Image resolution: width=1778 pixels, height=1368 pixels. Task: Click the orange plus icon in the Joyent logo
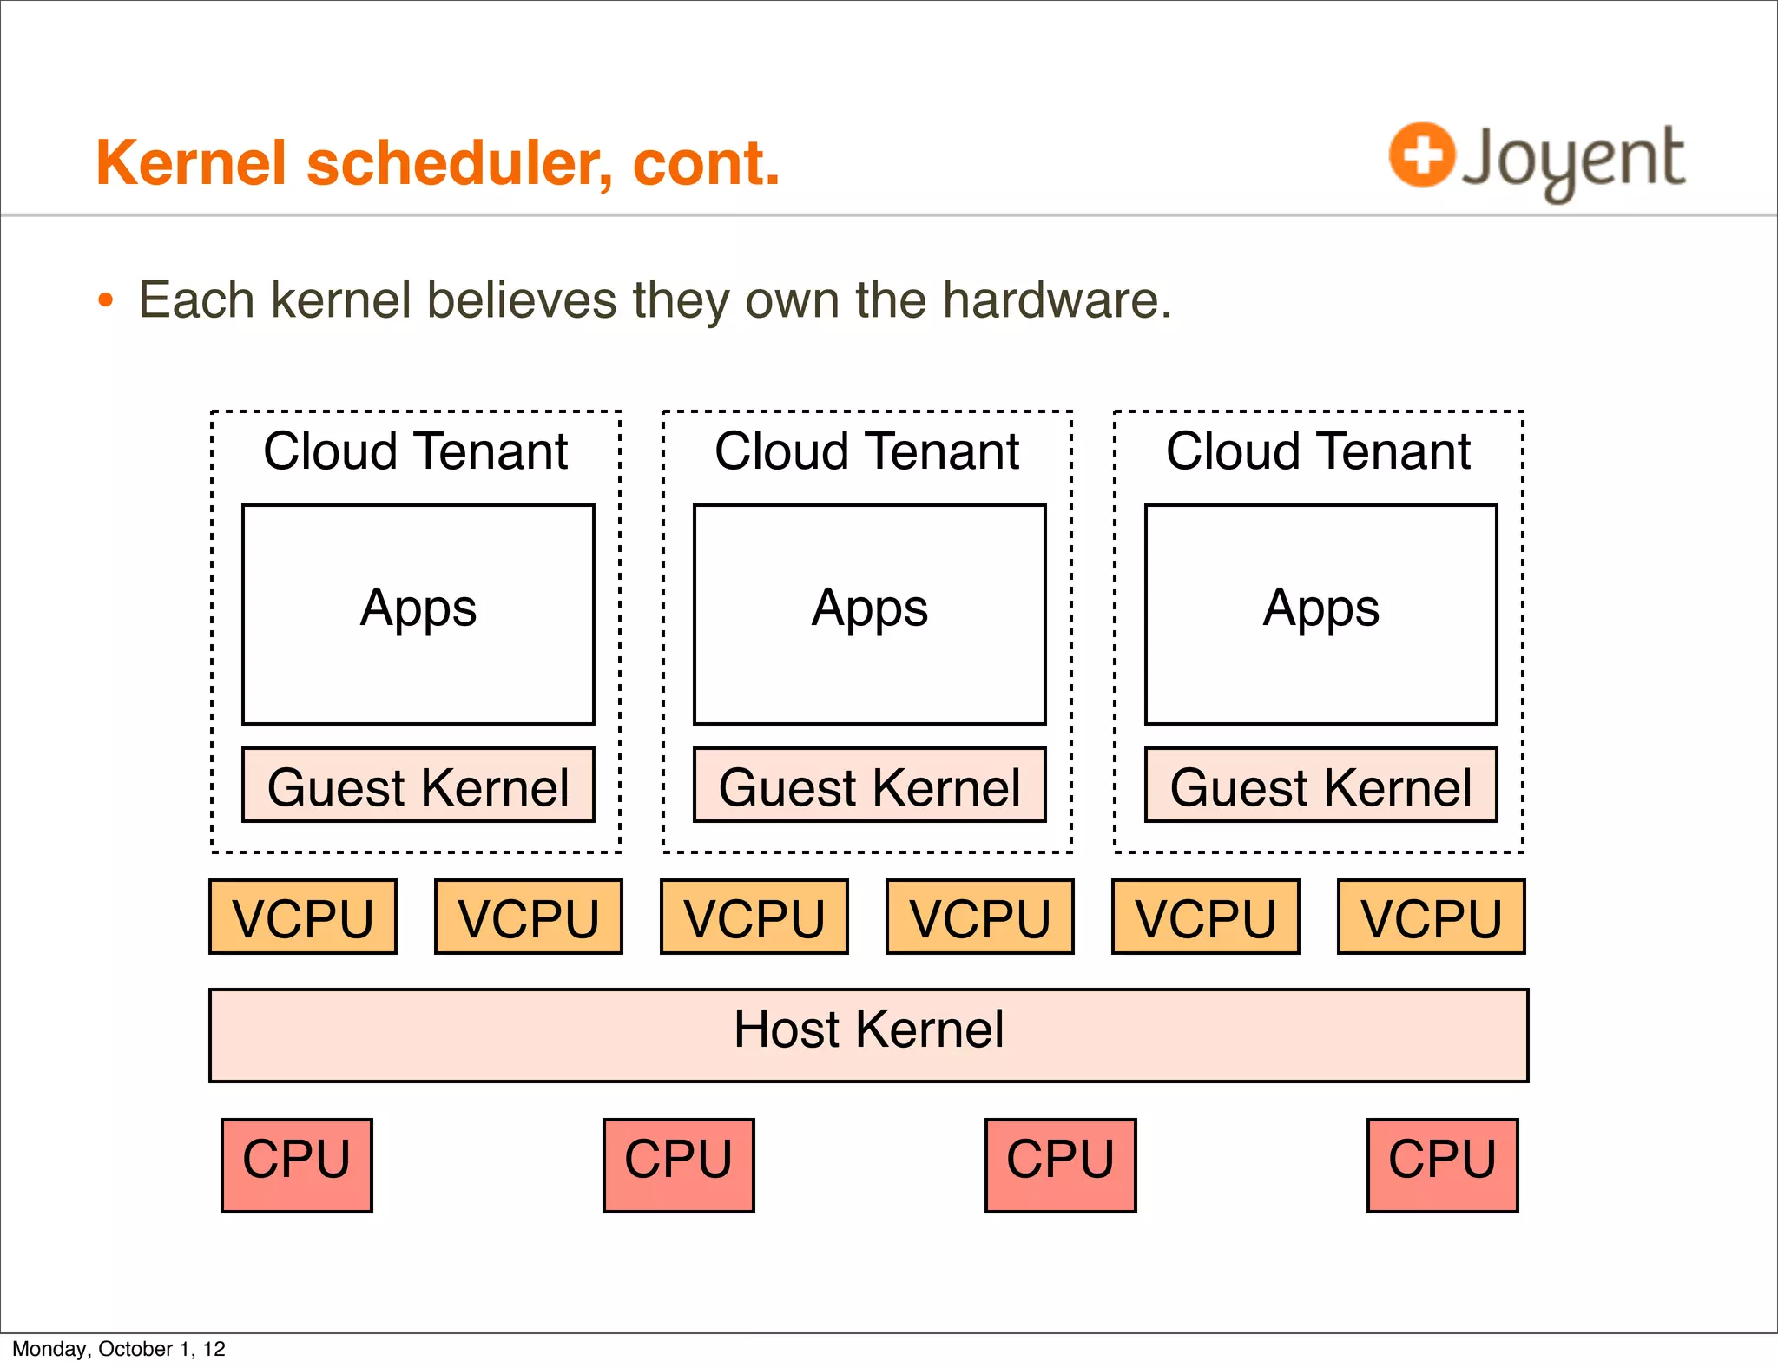tap(1421, 155)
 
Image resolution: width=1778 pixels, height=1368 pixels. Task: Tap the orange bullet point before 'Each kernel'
tap(106, 301)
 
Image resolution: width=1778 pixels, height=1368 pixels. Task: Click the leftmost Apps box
tap(418, 614)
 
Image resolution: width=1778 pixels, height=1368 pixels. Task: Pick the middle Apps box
tap(869, 614)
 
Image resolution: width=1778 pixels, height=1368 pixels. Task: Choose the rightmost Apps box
tap(1320, 614)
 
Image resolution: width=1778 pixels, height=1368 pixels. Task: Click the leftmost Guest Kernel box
tap(418, 786)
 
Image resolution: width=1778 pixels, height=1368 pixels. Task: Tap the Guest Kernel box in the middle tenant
tap(869, 786)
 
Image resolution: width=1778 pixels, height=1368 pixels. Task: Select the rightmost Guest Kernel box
tap(1320, 786)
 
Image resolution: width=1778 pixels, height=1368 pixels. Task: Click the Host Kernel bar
tap(868, 1035)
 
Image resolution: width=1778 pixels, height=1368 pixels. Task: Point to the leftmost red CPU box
tap(297, 1165)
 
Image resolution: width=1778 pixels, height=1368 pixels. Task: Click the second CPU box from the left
tap(679, 1165)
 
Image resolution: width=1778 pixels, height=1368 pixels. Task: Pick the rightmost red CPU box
tap(1442, 1165)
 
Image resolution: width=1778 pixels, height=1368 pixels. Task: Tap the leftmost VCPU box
tap(303, 917)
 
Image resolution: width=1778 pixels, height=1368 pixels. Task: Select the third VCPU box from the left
tap(754, 917)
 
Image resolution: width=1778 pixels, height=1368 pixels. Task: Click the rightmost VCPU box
tap(1431, 917)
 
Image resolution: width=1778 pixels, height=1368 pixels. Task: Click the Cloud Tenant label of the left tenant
tap(416, 451)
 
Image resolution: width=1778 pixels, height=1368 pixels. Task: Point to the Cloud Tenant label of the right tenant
tap(1318, 451)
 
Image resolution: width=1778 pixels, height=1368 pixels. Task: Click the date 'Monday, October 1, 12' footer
tap(119, 1349)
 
